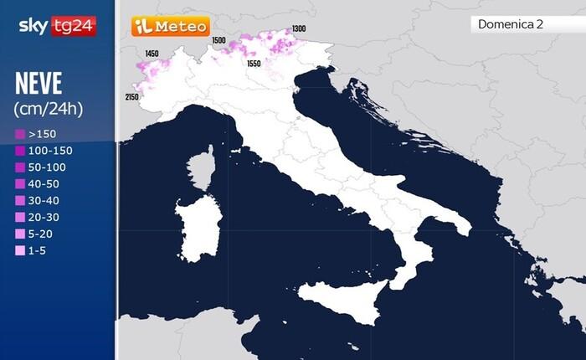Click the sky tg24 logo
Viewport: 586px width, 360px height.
(56, 26)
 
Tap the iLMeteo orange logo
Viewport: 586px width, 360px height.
(170, 27)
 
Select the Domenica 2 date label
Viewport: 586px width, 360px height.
(510, 24)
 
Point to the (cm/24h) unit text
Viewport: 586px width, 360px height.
(49, 109)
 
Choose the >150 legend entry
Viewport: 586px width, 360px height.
(38, 134)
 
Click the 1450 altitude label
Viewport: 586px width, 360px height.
(152, 54)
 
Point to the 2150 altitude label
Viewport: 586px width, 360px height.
(132, 97)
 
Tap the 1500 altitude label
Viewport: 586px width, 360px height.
(219, 40)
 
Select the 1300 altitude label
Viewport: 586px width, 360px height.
(299, 29)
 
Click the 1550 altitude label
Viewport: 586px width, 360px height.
(254, 64)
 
